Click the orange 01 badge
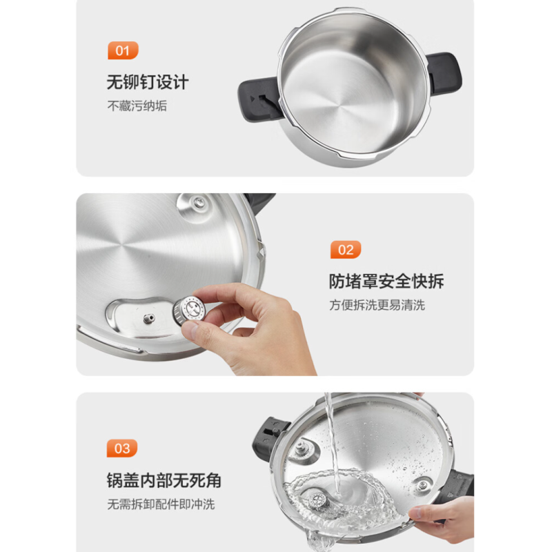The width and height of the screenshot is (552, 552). coord(123,50)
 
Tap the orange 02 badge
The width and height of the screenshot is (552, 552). coord(346,250)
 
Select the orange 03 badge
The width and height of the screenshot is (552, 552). coord(122,448)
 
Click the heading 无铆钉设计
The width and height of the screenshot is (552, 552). coord(148,82)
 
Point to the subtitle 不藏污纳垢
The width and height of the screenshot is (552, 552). coord(137,106)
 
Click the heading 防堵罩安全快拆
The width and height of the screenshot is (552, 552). coord(386,281)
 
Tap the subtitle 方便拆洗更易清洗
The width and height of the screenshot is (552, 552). coord(377,305)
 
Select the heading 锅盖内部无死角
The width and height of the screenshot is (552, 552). coord(164,480)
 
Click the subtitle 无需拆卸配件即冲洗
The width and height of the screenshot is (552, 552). coord(161,504)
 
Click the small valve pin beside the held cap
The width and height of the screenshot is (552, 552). coord(149,319)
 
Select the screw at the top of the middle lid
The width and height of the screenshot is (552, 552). coord(199,202)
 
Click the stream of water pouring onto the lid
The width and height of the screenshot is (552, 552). coord(332,444)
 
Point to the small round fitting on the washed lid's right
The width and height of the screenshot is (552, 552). coord(423,486)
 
